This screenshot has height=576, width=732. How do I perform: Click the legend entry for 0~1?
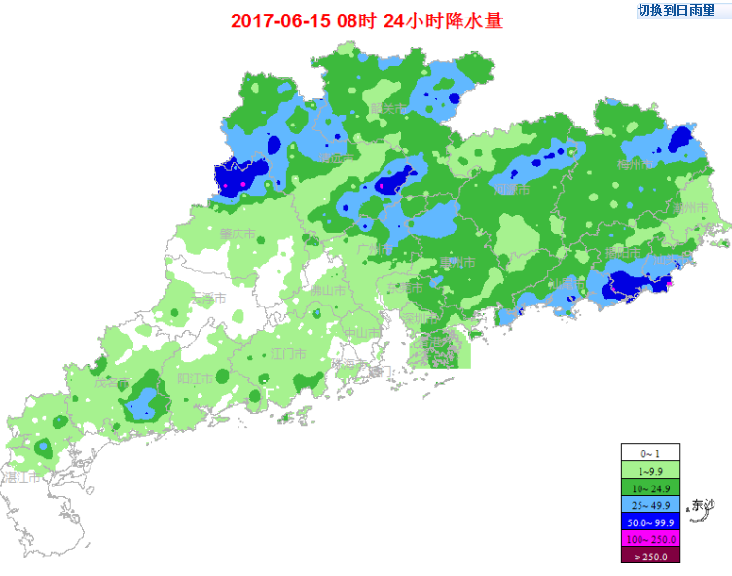650,452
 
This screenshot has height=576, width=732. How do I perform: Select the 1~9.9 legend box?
650,469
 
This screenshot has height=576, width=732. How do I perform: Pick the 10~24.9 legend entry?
650,486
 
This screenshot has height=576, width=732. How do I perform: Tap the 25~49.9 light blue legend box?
650,504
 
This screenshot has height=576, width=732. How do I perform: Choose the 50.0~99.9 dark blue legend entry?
650,522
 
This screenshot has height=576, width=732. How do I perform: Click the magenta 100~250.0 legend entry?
650,538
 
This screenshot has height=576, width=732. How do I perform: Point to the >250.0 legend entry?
650,555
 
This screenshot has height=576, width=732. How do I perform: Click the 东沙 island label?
702,505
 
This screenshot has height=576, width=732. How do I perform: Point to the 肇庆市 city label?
238,234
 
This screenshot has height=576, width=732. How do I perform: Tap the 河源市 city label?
512,190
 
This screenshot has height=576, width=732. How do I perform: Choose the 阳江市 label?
196,378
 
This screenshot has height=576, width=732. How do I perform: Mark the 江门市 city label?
288,352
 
